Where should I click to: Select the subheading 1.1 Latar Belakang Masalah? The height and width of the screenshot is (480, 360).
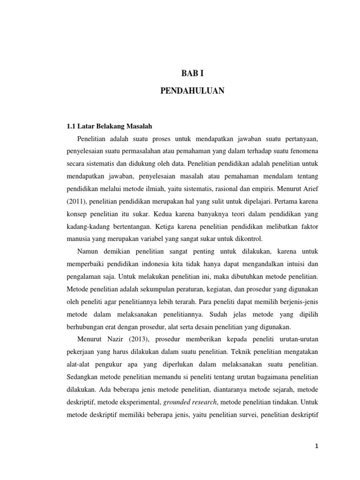pyautogui.click(x=109, y=127)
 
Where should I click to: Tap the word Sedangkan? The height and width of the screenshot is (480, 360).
pyautogui.click(x=82, y=376)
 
